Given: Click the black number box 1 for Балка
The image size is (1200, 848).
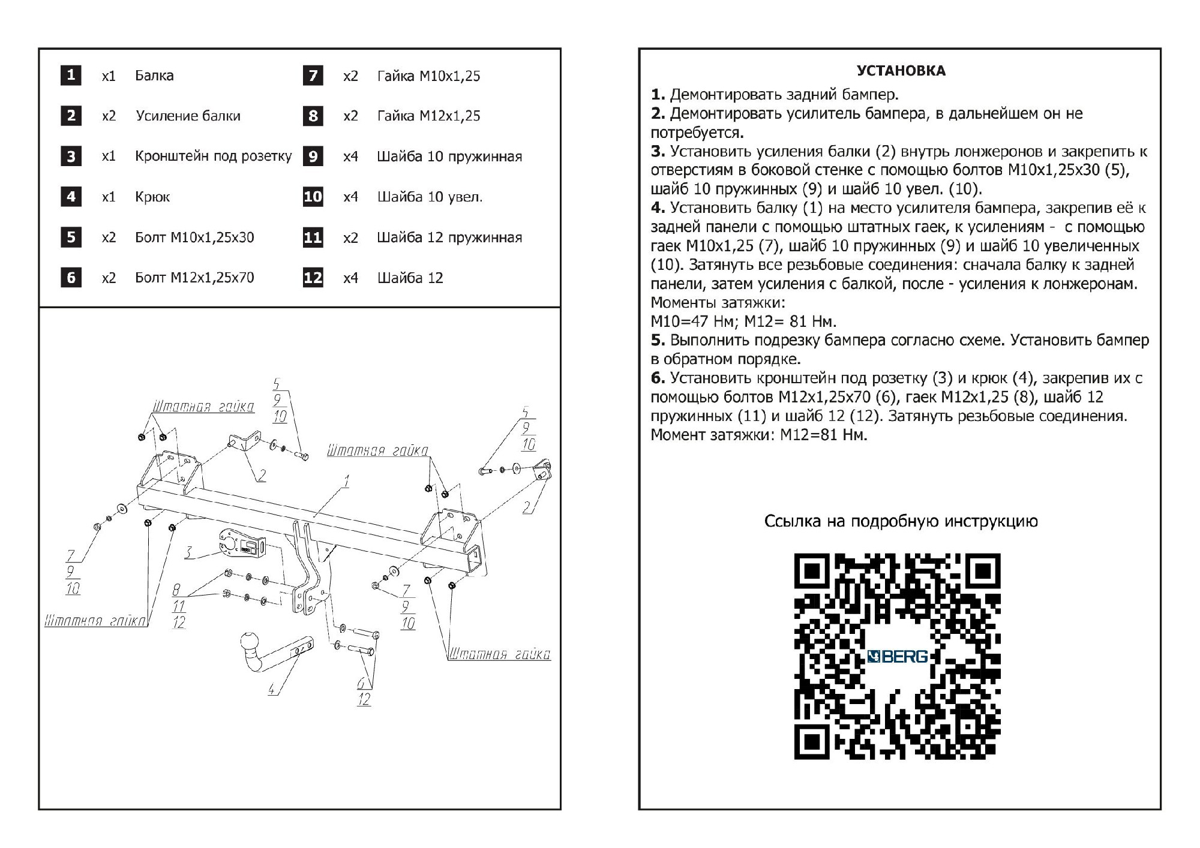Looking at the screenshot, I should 71,76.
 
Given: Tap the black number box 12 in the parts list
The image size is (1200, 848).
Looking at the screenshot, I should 313,278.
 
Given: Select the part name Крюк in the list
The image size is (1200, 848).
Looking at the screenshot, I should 152,197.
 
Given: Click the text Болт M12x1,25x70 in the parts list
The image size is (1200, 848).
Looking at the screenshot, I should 194,278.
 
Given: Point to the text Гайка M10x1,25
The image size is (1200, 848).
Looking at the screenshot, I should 428,76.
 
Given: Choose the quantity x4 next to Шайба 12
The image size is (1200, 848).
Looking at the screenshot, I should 350,278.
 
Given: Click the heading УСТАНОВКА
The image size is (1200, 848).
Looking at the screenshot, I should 901,71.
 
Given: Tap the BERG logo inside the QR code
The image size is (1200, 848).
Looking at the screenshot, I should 898,657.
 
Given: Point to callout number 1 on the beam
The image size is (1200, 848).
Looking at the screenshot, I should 346,481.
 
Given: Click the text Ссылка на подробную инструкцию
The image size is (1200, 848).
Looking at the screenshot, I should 901,521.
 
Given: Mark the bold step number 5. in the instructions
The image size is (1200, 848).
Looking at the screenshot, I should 658,341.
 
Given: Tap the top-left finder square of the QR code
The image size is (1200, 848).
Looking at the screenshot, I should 812,571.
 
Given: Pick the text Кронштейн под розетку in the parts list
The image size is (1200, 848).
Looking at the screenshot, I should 213,157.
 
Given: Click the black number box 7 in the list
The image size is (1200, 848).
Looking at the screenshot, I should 313,76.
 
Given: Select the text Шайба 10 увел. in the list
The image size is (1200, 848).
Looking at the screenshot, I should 430,197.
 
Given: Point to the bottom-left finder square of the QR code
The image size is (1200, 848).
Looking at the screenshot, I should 812,742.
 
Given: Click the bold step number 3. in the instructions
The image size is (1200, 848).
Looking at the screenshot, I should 658,152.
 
